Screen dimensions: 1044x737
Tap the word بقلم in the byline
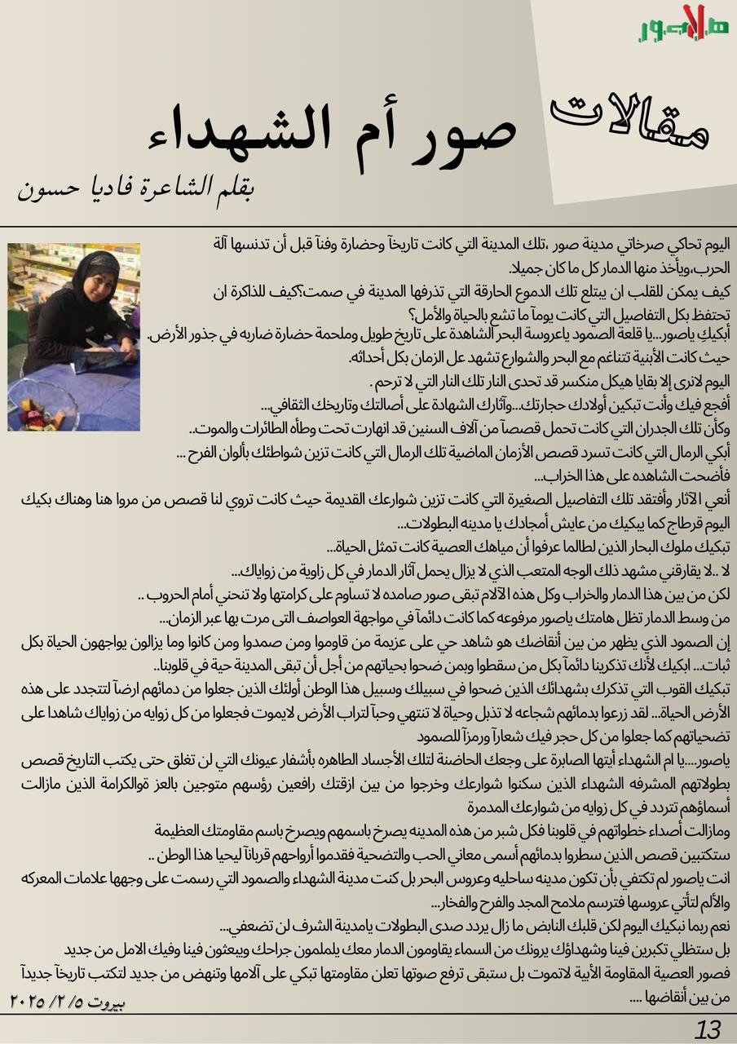pyautogui.click(x=232, y=189)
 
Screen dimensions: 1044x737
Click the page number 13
pyautogui.click(x=708, y=1029)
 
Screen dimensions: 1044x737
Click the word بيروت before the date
pyautogui.click(x=106, y=1001)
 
